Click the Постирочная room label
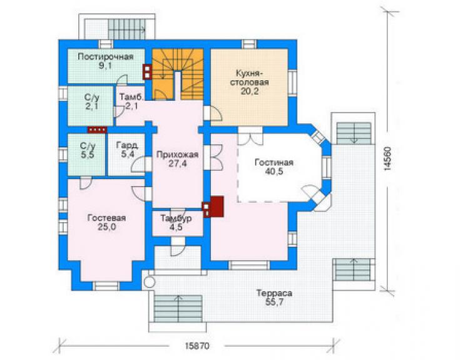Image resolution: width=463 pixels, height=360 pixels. [x=105, y=56]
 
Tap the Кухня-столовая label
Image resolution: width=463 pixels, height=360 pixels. [x=250, y=78]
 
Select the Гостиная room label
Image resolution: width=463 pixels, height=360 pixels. [x=274, y=162]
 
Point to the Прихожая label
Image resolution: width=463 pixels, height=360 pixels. [x=177, y=155]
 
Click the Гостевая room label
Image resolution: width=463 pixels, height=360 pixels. [x=106, y=218]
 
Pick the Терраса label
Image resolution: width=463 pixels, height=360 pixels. [x=274, y=293]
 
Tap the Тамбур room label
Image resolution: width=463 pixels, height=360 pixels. [x=176, y=219]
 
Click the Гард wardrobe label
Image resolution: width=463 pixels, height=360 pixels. [x=127, y=145]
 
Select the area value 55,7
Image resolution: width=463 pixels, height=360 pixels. [x=274, y=302]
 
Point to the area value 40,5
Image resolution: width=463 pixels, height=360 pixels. [x=274, y=172]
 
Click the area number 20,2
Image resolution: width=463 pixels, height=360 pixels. [x=250, y=91]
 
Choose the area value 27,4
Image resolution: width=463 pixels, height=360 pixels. [x=178, y=163]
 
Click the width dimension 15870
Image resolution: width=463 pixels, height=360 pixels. [x=197, y=346]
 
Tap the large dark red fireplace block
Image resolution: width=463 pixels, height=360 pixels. [x=216, y=207]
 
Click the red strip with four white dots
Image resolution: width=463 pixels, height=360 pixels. [x=97, y=130]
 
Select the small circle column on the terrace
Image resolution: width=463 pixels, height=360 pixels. [x=150, y=282]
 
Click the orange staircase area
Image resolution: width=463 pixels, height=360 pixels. [x=178, y=75]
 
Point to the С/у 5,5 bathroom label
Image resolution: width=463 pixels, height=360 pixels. [x=88, y=150]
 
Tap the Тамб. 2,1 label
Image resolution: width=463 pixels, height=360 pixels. [x=131, y=101]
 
